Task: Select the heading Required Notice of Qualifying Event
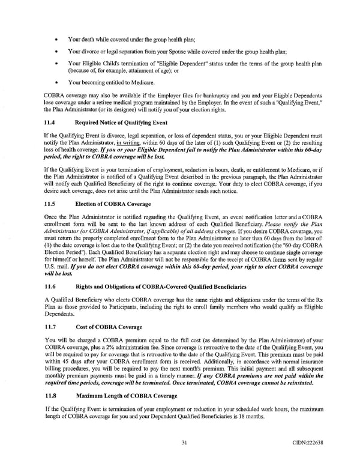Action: point(122,122)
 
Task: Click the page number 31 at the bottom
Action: point(185,443)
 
